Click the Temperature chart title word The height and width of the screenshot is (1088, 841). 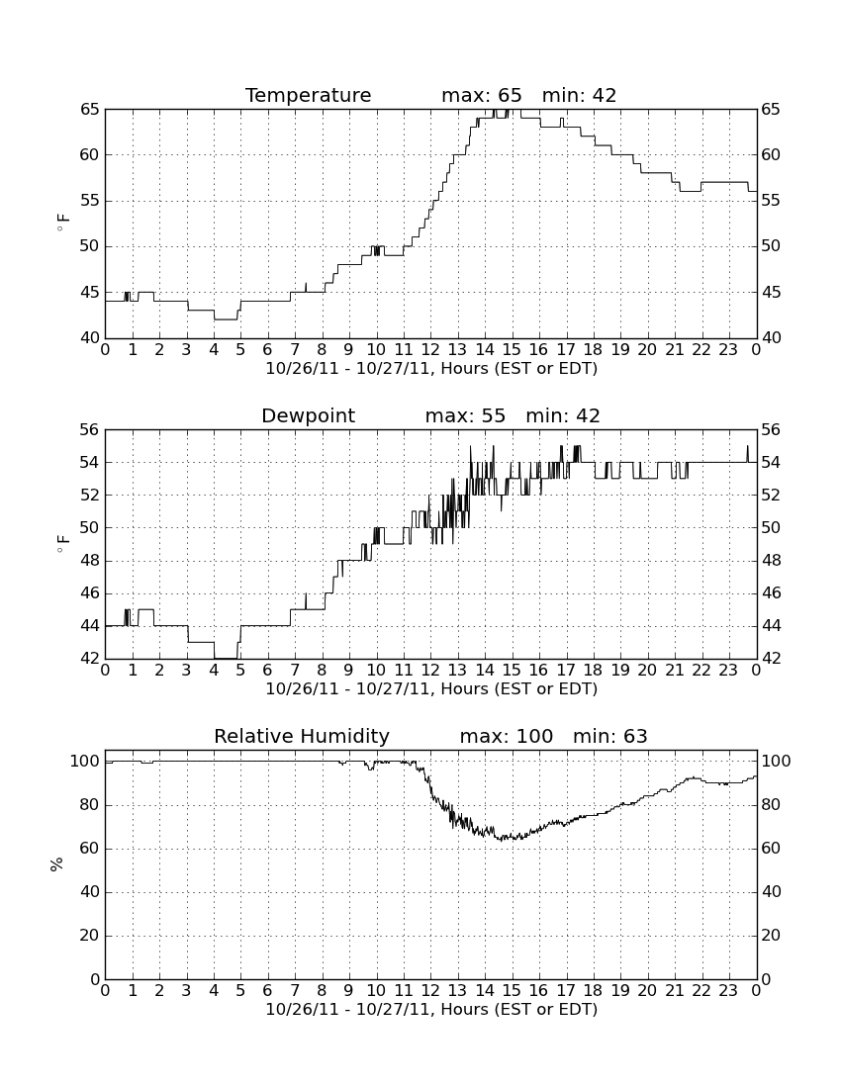click(x=308, y=95)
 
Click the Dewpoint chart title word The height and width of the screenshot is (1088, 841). click(x=308, y=415)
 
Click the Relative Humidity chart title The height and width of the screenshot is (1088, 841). click(x=302, y=736)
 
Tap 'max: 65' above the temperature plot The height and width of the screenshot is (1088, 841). click(x=482, y=95)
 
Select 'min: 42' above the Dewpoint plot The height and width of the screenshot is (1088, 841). click(x=563, y=415)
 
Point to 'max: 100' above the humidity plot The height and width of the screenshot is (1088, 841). click(x=507, y=736)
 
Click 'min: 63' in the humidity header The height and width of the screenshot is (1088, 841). click(x=609, y=736)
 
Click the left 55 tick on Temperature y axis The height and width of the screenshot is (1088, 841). click(x=89, y=201)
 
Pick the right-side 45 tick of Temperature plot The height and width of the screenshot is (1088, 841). click(x=771, y=292)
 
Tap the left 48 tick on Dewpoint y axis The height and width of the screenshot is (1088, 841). click(x=89, y=561)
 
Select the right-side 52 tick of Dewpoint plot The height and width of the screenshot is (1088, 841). click(x=771, y=495)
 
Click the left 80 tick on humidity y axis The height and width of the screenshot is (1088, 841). click(x=90, y=805)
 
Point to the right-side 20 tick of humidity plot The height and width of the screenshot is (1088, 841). click(x=771, y=936)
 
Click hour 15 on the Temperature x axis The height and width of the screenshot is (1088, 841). click(x=512, y=350)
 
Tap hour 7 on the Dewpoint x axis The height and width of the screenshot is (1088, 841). click(x=295, y=671)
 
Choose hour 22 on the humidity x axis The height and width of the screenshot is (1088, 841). click(x=701, y=991)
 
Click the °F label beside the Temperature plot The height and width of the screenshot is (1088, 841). click(x=63, y=223)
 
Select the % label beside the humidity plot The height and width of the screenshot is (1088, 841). click(x=57, y=863)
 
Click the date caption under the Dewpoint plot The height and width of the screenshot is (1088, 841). click(x=431, y=689)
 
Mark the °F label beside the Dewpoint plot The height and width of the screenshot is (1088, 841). click(x=63, y=543)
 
